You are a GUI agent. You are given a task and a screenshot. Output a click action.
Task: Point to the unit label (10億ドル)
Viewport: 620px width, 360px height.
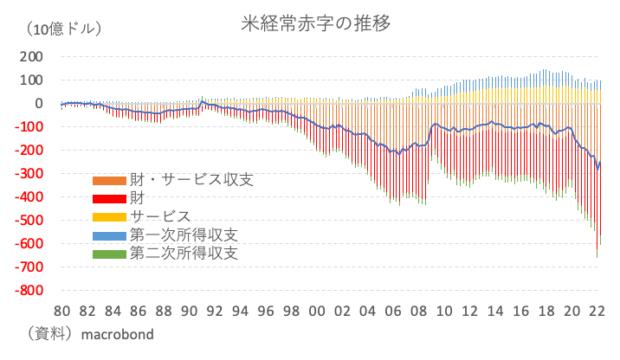65,30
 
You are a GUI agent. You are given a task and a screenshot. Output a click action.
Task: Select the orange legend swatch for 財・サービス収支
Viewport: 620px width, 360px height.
109,181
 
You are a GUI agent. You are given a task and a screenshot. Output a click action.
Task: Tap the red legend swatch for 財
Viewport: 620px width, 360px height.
109,199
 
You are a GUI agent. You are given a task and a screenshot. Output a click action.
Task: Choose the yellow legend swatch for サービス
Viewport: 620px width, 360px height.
109,217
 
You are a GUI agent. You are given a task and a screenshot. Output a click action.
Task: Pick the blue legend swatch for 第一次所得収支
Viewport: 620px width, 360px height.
109,235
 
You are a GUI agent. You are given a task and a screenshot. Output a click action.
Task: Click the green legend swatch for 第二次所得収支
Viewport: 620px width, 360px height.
109,254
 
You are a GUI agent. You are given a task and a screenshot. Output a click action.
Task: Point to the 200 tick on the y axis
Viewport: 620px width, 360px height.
30,57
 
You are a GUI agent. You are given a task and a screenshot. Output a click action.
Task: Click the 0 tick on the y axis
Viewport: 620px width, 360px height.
38,104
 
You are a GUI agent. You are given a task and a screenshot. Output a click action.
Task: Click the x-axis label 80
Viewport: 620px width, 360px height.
62,312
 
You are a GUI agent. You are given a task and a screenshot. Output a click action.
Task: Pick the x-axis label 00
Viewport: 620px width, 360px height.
318,312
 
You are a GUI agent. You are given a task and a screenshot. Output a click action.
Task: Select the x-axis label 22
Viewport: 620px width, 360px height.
598,312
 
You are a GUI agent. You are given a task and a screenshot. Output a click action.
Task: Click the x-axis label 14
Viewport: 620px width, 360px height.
496,312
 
